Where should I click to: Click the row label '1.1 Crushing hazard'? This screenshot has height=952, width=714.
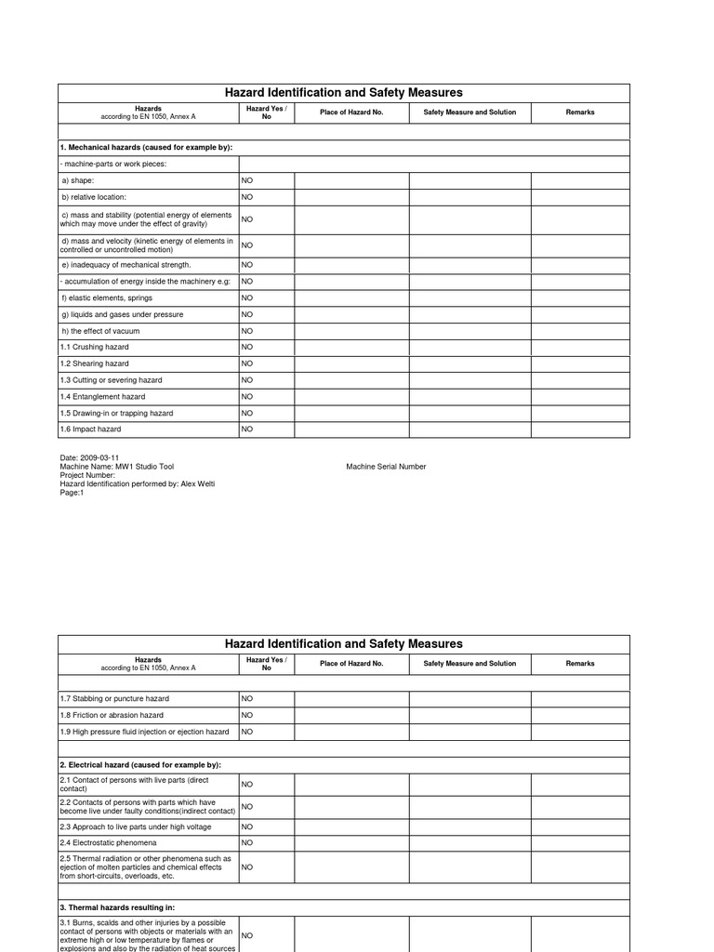94,347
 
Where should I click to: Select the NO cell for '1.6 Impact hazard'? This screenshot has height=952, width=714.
247,430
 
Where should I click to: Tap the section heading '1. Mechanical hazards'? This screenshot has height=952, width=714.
146,148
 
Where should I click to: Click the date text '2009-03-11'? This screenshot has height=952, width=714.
99,458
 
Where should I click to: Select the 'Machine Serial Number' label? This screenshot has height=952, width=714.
386,467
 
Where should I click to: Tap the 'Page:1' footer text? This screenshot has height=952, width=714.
72,493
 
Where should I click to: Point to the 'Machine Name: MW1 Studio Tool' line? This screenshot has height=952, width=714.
116,467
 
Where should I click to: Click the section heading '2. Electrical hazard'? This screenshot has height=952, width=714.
139,764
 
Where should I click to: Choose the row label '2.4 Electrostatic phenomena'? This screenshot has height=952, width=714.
108,842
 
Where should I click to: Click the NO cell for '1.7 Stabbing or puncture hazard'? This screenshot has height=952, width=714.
247,698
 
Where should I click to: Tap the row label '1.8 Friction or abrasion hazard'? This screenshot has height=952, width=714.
112,715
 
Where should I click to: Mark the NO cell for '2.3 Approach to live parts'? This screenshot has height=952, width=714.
247,826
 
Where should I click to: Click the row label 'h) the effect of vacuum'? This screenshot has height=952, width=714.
100,331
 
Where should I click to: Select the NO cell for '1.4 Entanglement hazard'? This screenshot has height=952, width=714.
247,397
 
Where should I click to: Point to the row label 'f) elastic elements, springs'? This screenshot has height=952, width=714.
106,298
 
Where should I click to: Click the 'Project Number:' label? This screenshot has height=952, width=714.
87,475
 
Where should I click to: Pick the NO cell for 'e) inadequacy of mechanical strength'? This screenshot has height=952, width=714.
247,265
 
